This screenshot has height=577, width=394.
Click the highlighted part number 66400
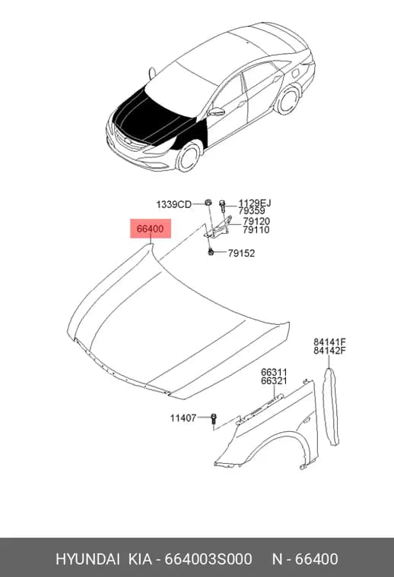150,229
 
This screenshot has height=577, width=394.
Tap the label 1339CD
174,204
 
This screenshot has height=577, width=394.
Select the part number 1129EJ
255,203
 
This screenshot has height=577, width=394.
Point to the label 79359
251,211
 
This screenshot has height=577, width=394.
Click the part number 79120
256,222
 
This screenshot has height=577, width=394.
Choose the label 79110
256,230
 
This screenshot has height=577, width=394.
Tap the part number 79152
241,253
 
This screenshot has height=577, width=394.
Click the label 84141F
330,342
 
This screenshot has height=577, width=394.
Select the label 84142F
330,351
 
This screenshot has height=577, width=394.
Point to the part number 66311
274,373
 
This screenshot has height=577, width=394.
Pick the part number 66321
274,381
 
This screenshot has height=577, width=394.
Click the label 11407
183,418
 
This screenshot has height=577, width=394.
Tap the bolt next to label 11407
214,420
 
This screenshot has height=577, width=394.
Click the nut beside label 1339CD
208,202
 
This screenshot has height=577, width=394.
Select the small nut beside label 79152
211,252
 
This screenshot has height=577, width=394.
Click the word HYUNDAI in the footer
87,559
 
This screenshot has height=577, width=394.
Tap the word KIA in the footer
140,559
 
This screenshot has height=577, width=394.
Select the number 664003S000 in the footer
208,559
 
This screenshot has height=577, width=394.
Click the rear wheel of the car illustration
287,100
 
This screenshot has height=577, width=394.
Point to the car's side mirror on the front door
216,112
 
